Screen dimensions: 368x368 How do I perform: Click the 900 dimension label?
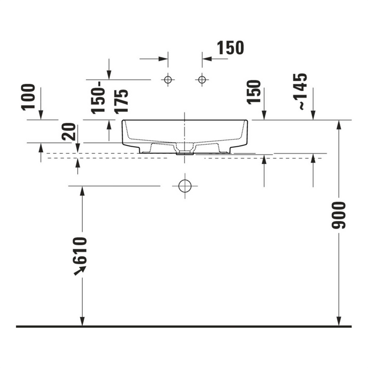(x=338, y=215)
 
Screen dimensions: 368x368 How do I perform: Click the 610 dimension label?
(x=80, y=250)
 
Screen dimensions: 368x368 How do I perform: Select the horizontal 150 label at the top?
(x=230, y=48)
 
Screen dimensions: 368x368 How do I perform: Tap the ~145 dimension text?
(x=300, y=91)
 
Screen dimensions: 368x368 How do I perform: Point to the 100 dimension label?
(x=28, y=97)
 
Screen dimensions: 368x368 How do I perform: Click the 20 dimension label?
(x=69, y=132)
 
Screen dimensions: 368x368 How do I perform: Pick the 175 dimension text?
(x=121, y=102)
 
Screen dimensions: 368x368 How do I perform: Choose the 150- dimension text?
(x=98, y=98)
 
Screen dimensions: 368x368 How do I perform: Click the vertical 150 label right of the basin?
(x=254, y=92)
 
